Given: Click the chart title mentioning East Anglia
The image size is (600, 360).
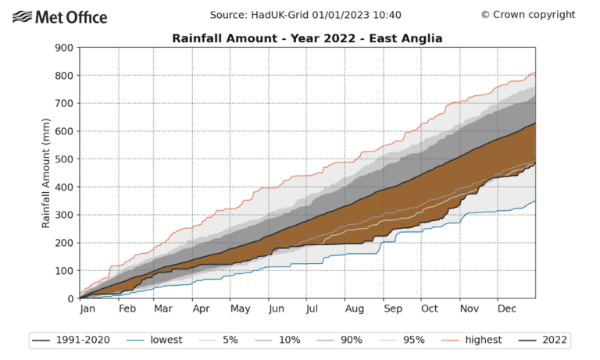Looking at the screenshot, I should [307, 38].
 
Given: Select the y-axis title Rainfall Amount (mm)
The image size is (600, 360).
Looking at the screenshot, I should [46, 173].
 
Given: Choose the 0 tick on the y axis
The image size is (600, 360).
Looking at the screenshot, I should [70, 298].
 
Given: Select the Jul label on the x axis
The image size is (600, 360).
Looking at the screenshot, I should [311, 310].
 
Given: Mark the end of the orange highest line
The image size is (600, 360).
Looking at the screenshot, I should [535, 73].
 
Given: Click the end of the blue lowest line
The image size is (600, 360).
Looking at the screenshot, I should [535, 201].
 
